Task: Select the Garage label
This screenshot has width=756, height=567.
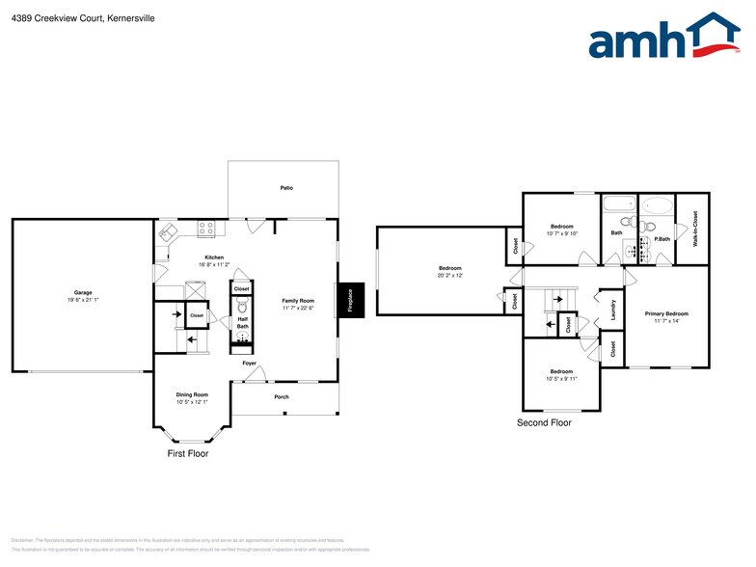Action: (83, 292)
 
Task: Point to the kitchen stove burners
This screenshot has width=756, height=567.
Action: (205, 229)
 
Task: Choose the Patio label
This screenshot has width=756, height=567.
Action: (286, 188)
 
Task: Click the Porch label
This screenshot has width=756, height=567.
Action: (282, 396)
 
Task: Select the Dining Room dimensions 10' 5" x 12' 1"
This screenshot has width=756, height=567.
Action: (192, 401)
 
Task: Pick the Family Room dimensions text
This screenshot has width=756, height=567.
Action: (299, 308)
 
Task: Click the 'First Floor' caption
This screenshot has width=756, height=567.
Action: (188, 452)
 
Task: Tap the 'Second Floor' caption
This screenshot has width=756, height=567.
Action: (544, 422)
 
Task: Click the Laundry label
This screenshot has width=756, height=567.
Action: (613, 310)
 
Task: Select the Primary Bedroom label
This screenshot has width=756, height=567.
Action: (666, 313)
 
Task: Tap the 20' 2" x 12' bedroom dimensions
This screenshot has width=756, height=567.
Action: (450, 275)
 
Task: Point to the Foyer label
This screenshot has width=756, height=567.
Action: (249, 364)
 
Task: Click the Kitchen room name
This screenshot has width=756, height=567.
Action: (214, 257)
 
